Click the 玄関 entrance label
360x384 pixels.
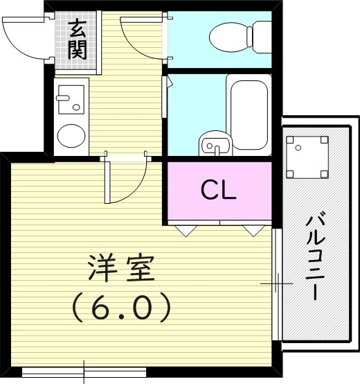click(77, 40)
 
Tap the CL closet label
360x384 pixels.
click(219, 189)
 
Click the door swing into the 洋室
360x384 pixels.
click(125, 182)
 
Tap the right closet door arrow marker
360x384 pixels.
click(251, 231)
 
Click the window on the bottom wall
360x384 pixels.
click(83, 372)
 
